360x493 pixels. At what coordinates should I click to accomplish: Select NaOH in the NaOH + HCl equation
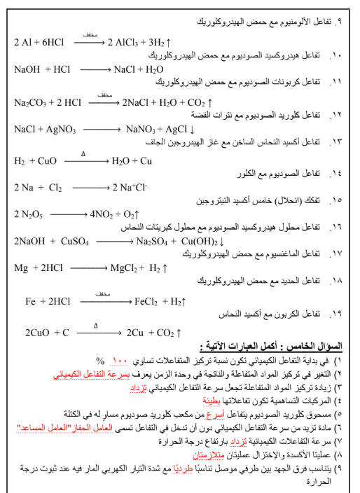click(27, 70)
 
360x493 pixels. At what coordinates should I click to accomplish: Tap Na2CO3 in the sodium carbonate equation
click(30, 102)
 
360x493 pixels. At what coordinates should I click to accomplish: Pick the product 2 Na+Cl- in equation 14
click(130, 188)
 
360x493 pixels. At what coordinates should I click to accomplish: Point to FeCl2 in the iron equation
click(147, 302)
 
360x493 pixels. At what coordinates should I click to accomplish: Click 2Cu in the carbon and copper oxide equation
click(135, 333)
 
